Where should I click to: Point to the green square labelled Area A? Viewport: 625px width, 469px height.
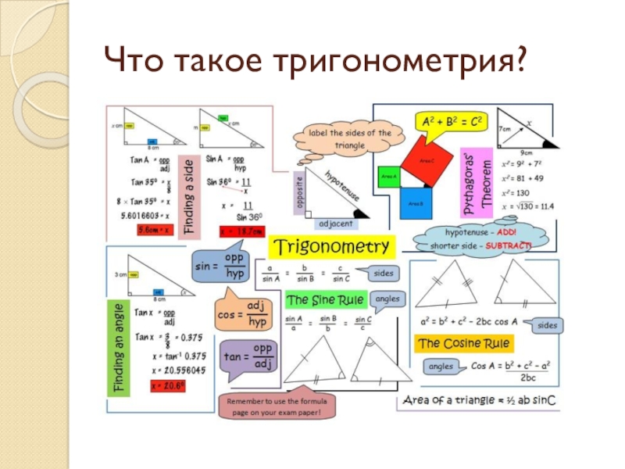pyautogui.click(x=388, y=177)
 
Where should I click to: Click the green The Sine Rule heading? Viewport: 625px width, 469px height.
pyautogui.click(x=320, y=299)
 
